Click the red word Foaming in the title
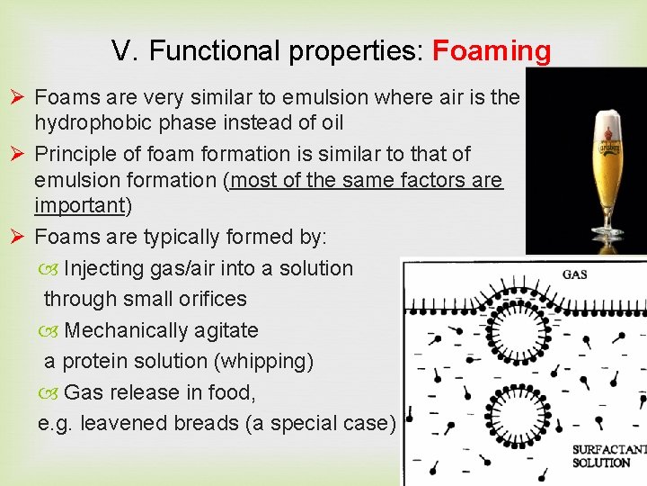[492, 51]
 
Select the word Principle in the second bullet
[75, 154]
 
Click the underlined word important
[78, 206]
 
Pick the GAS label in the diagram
[574, 274]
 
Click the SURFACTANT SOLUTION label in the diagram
[607, 455]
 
